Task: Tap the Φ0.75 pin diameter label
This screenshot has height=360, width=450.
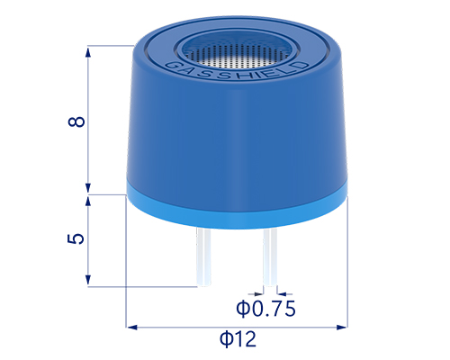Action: point(266,309)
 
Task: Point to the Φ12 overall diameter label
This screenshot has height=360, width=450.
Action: point(238,339)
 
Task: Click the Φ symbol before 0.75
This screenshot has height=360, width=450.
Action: point(244,309)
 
